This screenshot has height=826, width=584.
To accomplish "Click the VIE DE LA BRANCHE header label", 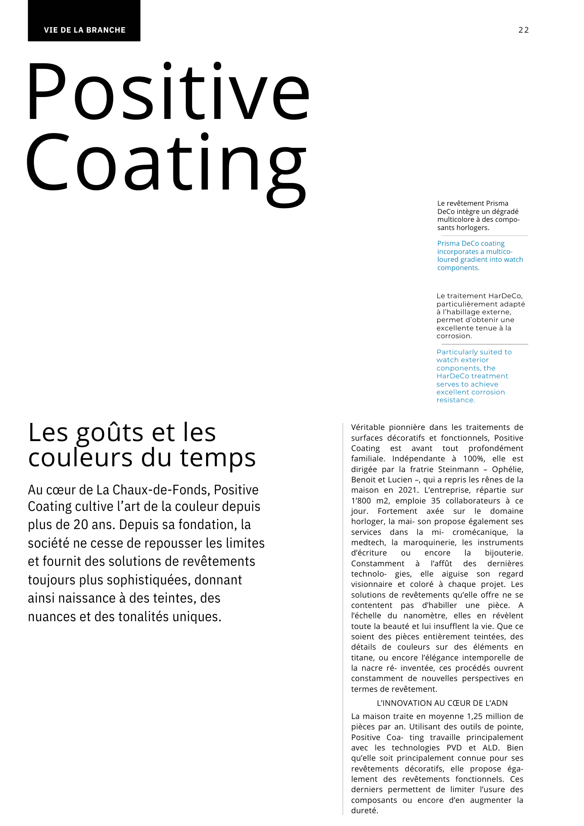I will coord(85,30).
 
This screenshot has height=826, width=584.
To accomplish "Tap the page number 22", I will coord(523,30).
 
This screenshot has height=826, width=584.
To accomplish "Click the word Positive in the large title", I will coord(167,92).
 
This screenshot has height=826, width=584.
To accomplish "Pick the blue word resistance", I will coord(456,400).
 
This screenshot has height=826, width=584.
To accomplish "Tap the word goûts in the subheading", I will coord(110,433).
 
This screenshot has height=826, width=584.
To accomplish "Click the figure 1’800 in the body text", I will coord(361,501).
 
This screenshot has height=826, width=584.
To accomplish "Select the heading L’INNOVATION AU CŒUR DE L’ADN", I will coord(442,703).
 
